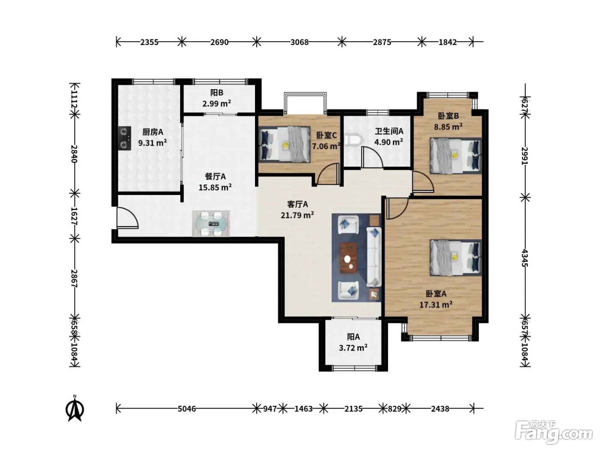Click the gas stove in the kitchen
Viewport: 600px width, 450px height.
(x=124, y=138)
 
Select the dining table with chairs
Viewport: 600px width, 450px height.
(x=211, y=223)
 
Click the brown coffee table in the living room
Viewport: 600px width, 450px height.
(x=348, y=258)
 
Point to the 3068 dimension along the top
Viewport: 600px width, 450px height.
(x=299, y=42)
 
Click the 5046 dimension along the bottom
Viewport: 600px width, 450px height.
(x=187, y=409)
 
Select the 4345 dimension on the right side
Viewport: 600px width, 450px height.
(x=525, y=258)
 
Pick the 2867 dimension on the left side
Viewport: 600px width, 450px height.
(x=74, y=279)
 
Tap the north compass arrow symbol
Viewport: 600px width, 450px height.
(x=75, y=408)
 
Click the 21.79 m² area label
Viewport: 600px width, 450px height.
(x=297, y=215)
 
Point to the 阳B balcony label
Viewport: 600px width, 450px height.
(x=217, y=93)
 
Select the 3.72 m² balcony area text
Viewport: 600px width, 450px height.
(x=353, y=348)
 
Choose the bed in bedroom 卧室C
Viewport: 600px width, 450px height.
(x=285, y=144)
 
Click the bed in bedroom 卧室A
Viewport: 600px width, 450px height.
(x=456, y=258)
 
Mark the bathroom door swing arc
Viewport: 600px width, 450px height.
(x=372, y=157)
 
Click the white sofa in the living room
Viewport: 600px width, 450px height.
(x=374, y=257)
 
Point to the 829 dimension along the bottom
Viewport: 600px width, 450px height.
(x=394, y=409)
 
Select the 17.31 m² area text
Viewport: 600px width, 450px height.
(x=436, y=304)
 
